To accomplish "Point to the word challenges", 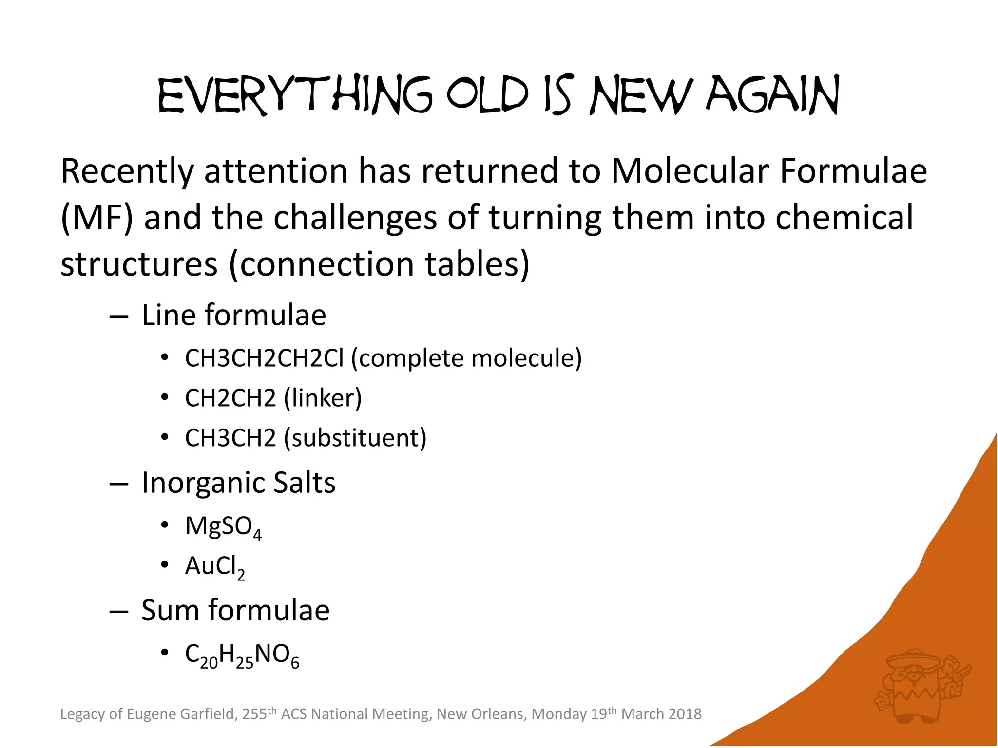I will tap(355, 218).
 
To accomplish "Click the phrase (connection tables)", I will tap(379, 264).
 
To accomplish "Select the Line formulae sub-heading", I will tap(233, 315).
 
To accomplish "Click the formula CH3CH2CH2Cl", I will tap(264, 358).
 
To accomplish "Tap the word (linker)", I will tap(323, 398).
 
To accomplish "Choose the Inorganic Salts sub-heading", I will tap(238, 483).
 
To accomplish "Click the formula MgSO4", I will tap(223, 527).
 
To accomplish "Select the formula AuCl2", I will tap(214, 567).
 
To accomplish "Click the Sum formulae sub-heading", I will tap(235, 611).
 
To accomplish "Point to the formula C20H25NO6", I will tap(242, 655).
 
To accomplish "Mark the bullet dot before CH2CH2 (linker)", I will tap(165, 398).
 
